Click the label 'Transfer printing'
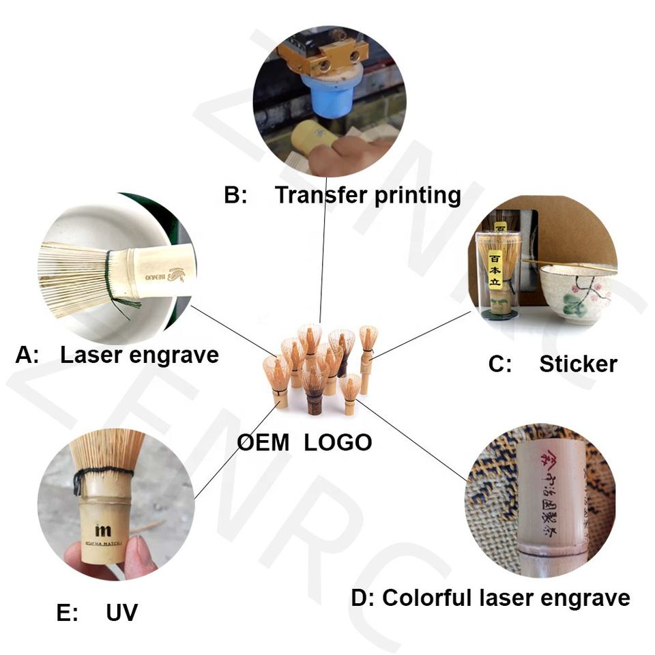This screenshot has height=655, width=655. (368, 195)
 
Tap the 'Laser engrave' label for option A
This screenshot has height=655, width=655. (139, 355)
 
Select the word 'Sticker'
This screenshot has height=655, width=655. (578, 364)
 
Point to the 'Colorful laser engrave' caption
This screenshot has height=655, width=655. (506, 598)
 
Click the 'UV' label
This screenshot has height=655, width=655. (121, 612)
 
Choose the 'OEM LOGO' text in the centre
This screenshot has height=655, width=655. (304, 442)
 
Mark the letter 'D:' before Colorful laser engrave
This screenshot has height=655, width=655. (362, 598)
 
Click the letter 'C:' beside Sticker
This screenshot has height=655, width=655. (500, 364)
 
